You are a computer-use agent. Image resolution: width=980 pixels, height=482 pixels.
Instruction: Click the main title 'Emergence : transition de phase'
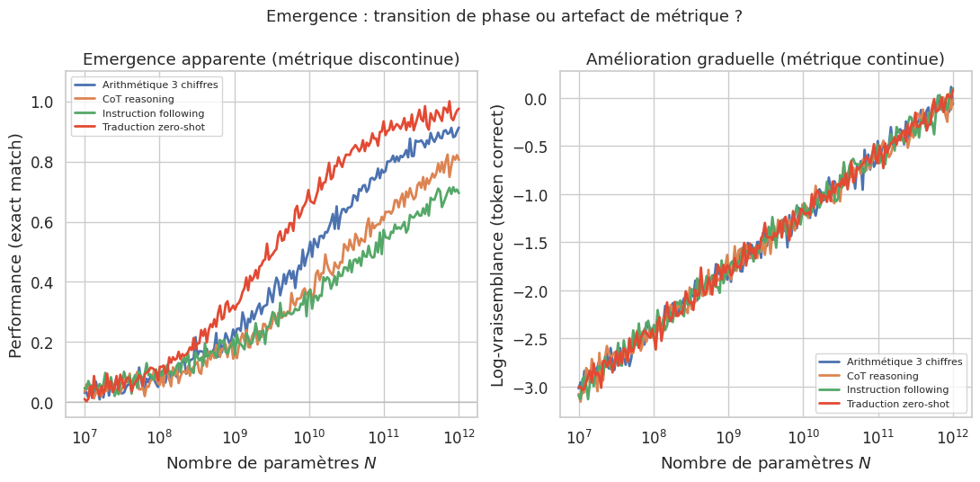point(491,16)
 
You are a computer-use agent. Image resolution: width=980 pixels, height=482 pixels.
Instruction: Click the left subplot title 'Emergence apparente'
point(271,59)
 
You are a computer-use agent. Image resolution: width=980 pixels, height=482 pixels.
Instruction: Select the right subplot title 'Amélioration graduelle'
point(765,59)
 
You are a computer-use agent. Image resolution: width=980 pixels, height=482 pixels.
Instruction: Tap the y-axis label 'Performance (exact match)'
point(15,245)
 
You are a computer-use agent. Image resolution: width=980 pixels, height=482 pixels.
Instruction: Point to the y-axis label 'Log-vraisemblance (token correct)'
point(497,245)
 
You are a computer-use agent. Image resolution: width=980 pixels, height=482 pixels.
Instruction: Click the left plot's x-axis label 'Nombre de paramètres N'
point(271,463)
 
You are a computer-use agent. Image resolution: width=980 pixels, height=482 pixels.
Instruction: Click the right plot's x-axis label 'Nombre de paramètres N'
point(765,463)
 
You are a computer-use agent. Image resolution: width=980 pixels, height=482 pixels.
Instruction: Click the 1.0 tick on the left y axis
point(43,102)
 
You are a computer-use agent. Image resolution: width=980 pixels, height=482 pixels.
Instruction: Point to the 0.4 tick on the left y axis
point(43,282)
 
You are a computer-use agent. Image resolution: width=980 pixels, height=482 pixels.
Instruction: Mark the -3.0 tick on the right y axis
point(530,388)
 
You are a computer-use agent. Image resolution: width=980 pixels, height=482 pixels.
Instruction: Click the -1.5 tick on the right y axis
point(530,243)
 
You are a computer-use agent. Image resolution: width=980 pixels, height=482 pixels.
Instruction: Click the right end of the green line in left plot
point(459,192)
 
